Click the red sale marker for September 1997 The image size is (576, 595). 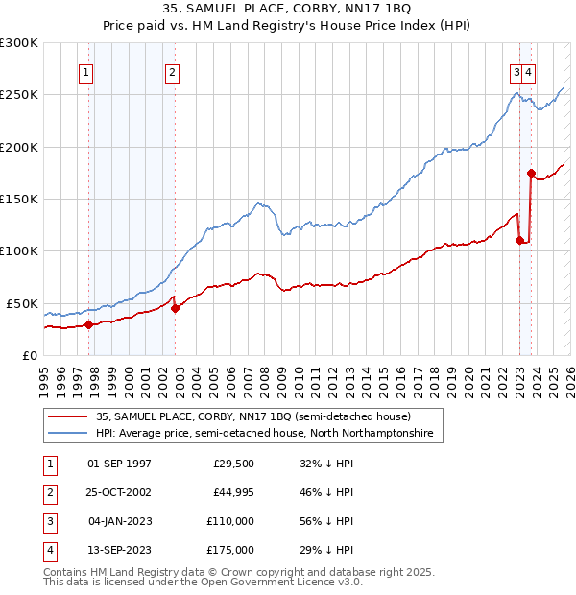pyautogui.click(x=88, y=324)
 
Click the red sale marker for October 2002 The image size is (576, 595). pyautogui.click(x=175, y=308)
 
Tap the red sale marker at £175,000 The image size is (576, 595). pyautogui.click(x=531, y=173)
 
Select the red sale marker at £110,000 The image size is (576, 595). pyautogui.click(x=519, y=241)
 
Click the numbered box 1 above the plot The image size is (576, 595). pyautogui.click(x=86, y=71)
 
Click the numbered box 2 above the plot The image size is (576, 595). pyautogui.click(x=171, y=71)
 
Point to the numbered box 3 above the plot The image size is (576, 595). pyautogui.click(x=516, y=71)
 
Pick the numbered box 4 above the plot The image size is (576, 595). pyautogui.click(x=529, y=71)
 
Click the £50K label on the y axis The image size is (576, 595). pyautogui.click(x=22, y=303)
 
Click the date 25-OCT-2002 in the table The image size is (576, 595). pyautogui.click(x=119, y=491)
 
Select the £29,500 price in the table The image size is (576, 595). pyautogui.click(x=233, y=463)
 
